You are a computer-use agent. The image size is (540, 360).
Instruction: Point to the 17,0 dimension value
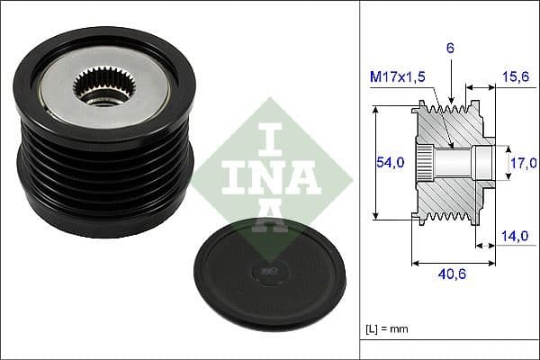click(524, 163)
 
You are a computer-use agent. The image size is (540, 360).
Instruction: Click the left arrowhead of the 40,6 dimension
click(414, 264)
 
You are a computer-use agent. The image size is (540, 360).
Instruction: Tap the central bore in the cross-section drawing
click(459, 162)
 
